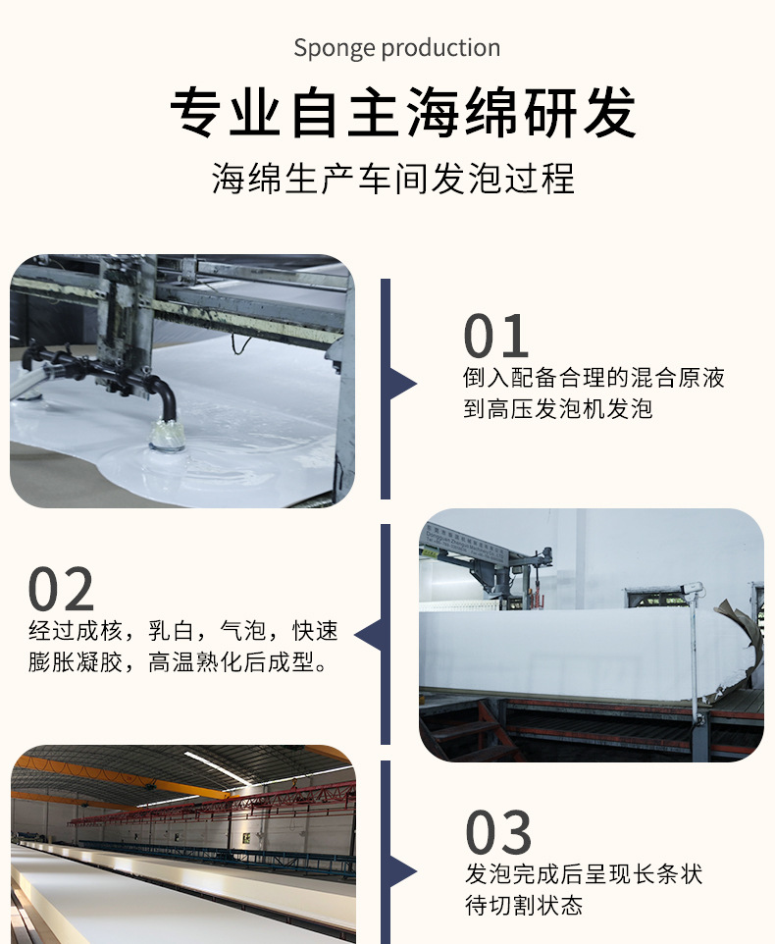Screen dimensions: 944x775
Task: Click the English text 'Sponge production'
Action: [x=396, y=48]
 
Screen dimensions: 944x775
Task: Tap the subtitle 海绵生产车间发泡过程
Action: [x=393, y=180]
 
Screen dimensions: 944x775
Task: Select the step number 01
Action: [x=496, y=338]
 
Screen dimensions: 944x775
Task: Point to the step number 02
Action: [x=61, y=590]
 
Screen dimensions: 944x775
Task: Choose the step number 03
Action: [x=498, y=833]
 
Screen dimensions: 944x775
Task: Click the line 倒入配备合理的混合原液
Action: [x=594, y=378]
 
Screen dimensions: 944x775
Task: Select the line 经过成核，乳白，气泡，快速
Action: [x=183, y=630]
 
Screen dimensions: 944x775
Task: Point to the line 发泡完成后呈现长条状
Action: [x=584, y=873]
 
